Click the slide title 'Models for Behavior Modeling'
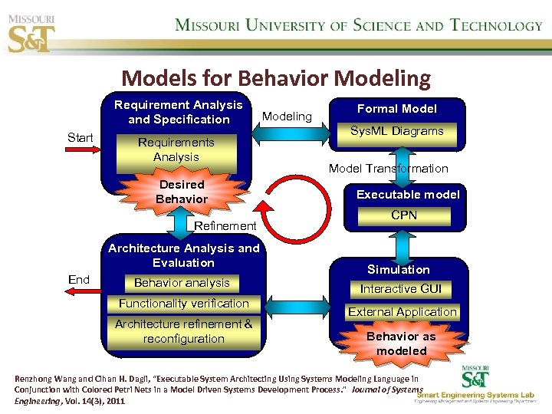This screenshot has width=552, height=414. (276, 78)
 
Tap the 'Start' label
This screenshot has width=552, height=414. (80, 138)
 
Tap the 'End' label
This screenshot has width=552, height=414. (79, 279)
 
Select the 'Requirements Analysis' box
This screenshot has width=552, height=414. (176, 150)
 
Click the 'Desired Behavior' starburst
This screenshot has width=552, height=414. (182, 192)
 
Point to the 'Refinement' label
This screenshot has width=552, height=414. (225, 225)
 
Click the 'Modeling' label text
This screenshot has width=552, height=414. (287, 117)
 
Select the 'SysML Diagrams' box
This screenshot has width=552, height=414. (397, 132)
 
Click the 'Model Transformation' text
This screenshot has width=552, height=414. (388, 169)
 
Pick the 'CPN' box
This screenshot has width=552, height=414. (404, 215)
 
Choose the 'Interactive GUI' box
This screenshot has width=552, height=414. (401, 289)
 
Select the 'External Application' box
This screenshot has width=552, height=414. (402, 312)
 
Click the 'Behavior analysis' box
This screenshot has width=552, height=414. (182, 283)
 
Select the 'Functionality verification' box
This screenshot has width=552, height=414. (184, 304)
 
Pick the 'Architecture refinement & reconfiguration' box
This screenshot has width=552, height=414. (184, 332)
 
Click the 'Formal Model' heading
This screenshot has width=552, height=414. (397, 109)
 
